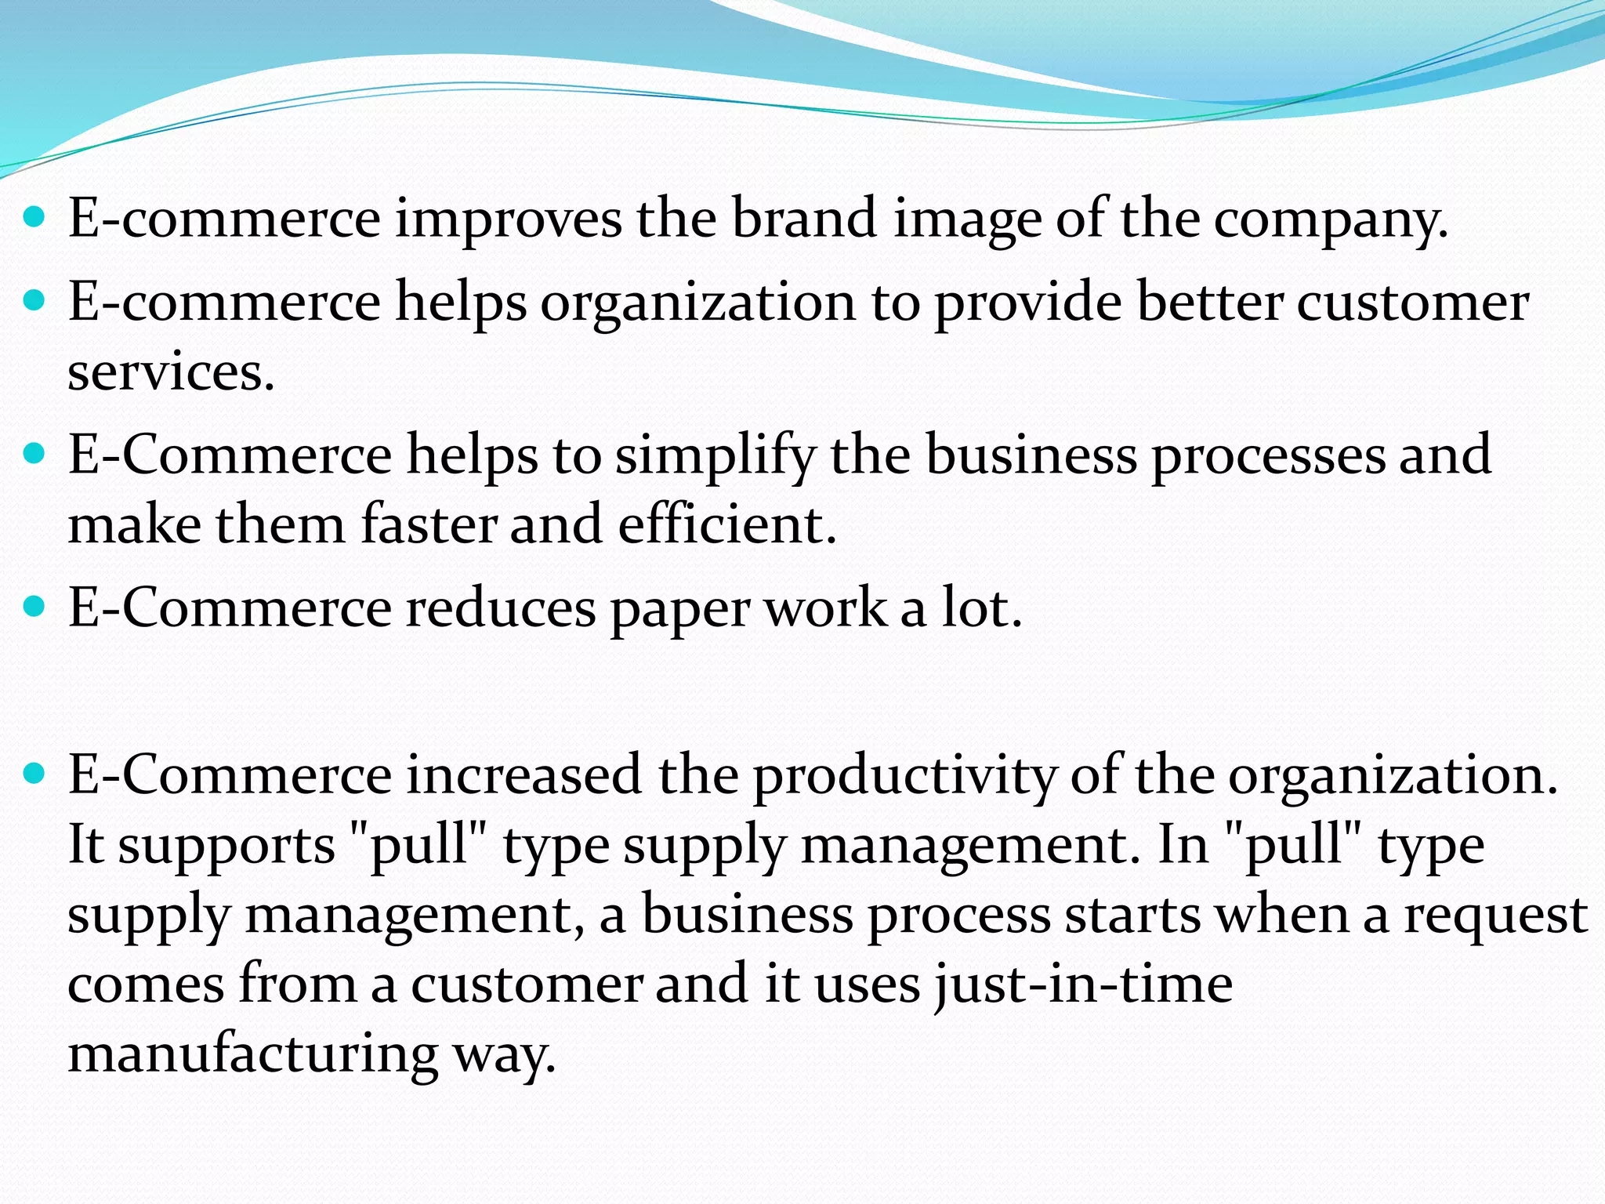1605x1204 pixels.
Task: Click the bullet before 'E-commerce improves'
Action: (35, 216)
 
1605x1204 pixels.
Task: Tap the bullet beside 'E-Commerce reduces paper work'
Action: (35, 607)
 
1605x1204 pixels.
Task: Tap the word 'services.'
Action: (171, 372)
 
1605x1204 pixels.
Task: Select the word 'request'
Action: (1495, 916)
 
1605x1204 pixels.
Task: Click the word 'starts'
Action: (1132, 915)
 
